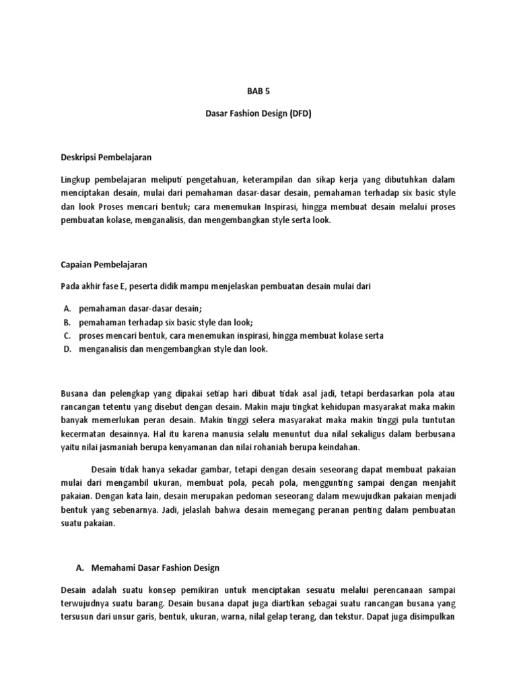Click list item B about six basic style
point(166,322)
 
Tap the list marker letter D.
point(67,349)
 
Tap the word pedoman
point(223,497)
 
